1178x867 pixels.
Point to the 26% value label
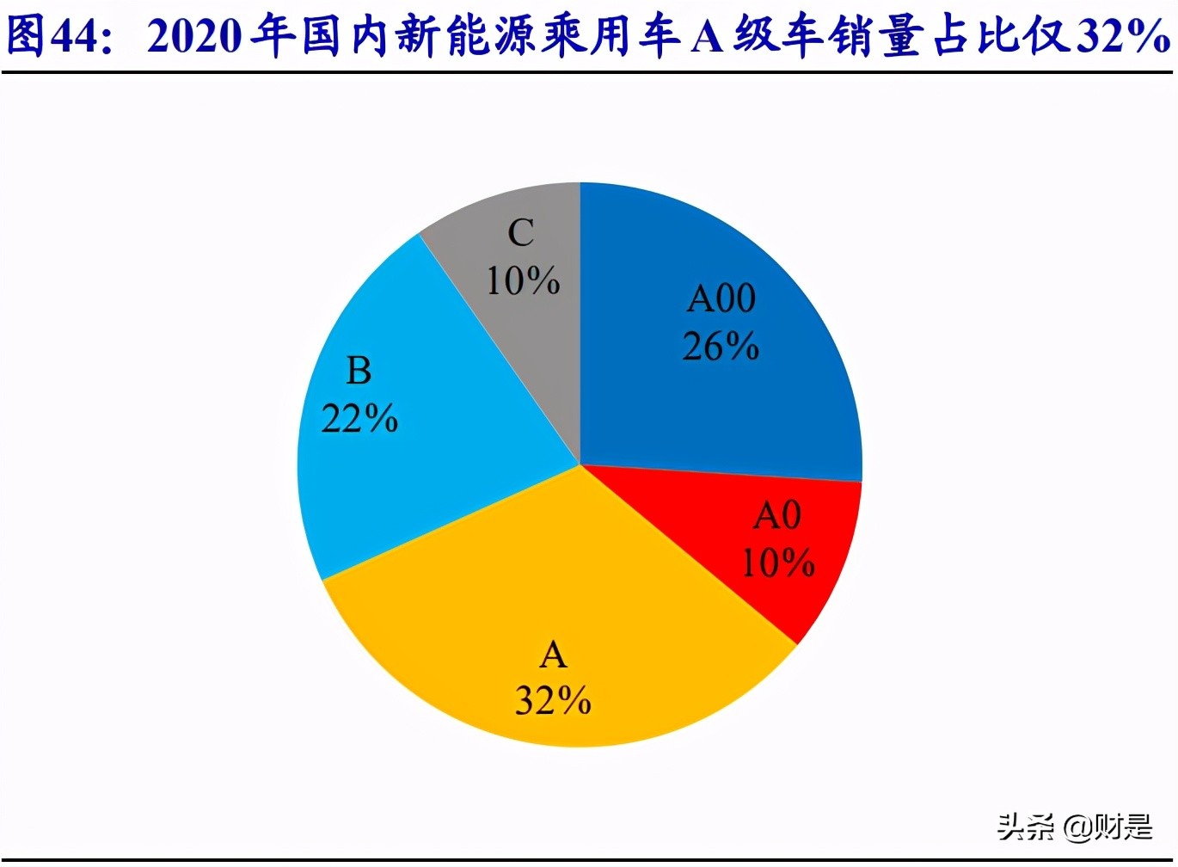click(x=721, y=347)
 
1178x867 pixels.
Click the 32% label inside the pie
click(x=553, y=702)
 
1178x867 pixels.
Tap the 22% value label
click(x=359, y=419)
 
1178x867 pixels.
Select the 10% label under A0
click(x=777, y=563)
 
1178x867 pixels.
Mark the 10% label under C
click(x=523, y=281)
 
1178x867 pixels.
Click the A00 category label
click(x=721, y=299)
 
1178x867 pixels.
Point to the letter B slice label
click(x=359, y=372)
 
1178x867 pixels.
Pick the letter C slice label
click(x=521, y=233)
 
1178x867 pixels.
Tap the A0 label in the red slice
click(x=777, y=516)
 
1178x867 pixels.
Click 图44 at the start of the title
click(x=55, y=36)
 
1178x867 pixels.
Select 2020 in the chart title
click(x=194, y=36)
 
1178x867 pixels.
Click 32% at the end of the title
click(x=1122, y=36)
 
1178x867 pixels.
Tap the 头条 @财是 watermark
click(x=1074, y=827)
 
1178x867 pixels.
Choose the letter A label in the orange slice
click(x=553, y=656)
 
